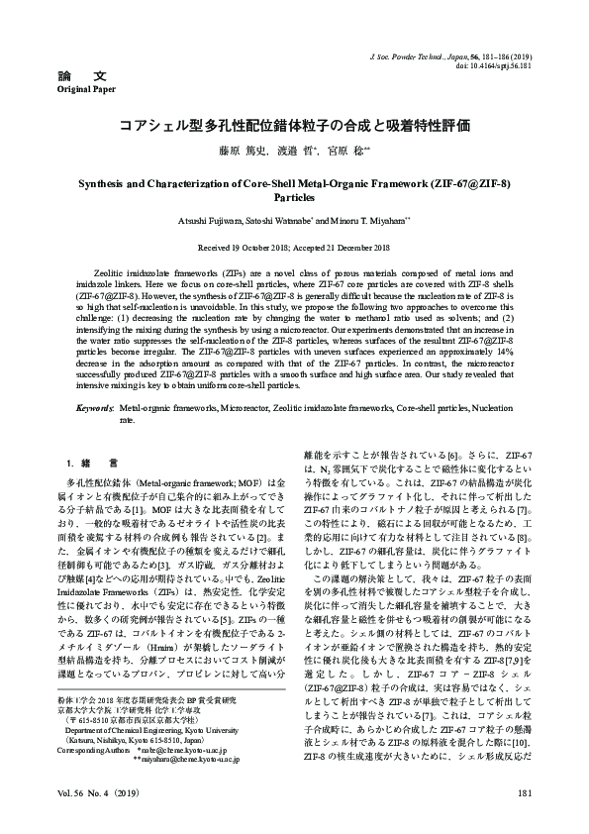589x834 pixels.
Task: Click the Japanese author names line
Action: pyautogui.click(x=294, y=152)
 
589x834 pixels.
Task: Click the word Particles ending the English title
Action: pyautogui.click(x=294, y=197)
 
